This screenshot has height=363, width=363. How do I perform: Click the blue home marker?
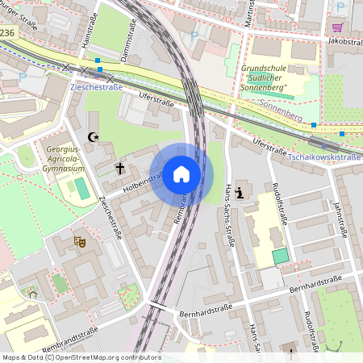[181, 174]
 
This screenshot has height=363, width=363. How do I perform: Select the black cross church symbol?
[120, 169]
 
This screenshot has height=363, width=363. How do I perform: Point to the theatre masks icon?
[79, 240]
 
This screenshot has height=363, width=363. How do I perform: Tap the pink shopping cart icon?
[336, 27]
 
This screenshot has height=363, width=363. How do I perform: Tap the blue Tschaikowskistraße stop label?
[323, 156]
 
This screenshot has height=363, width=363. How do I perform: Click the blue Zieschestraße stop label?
[96, 86]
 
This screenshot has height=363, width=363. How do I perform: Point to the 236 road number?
[7, 32]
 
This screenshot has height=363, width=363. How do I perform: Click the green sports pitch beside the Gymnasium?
[82, 189]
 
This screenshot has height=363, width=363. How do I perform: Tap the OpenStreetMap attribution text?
[81, 357]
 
